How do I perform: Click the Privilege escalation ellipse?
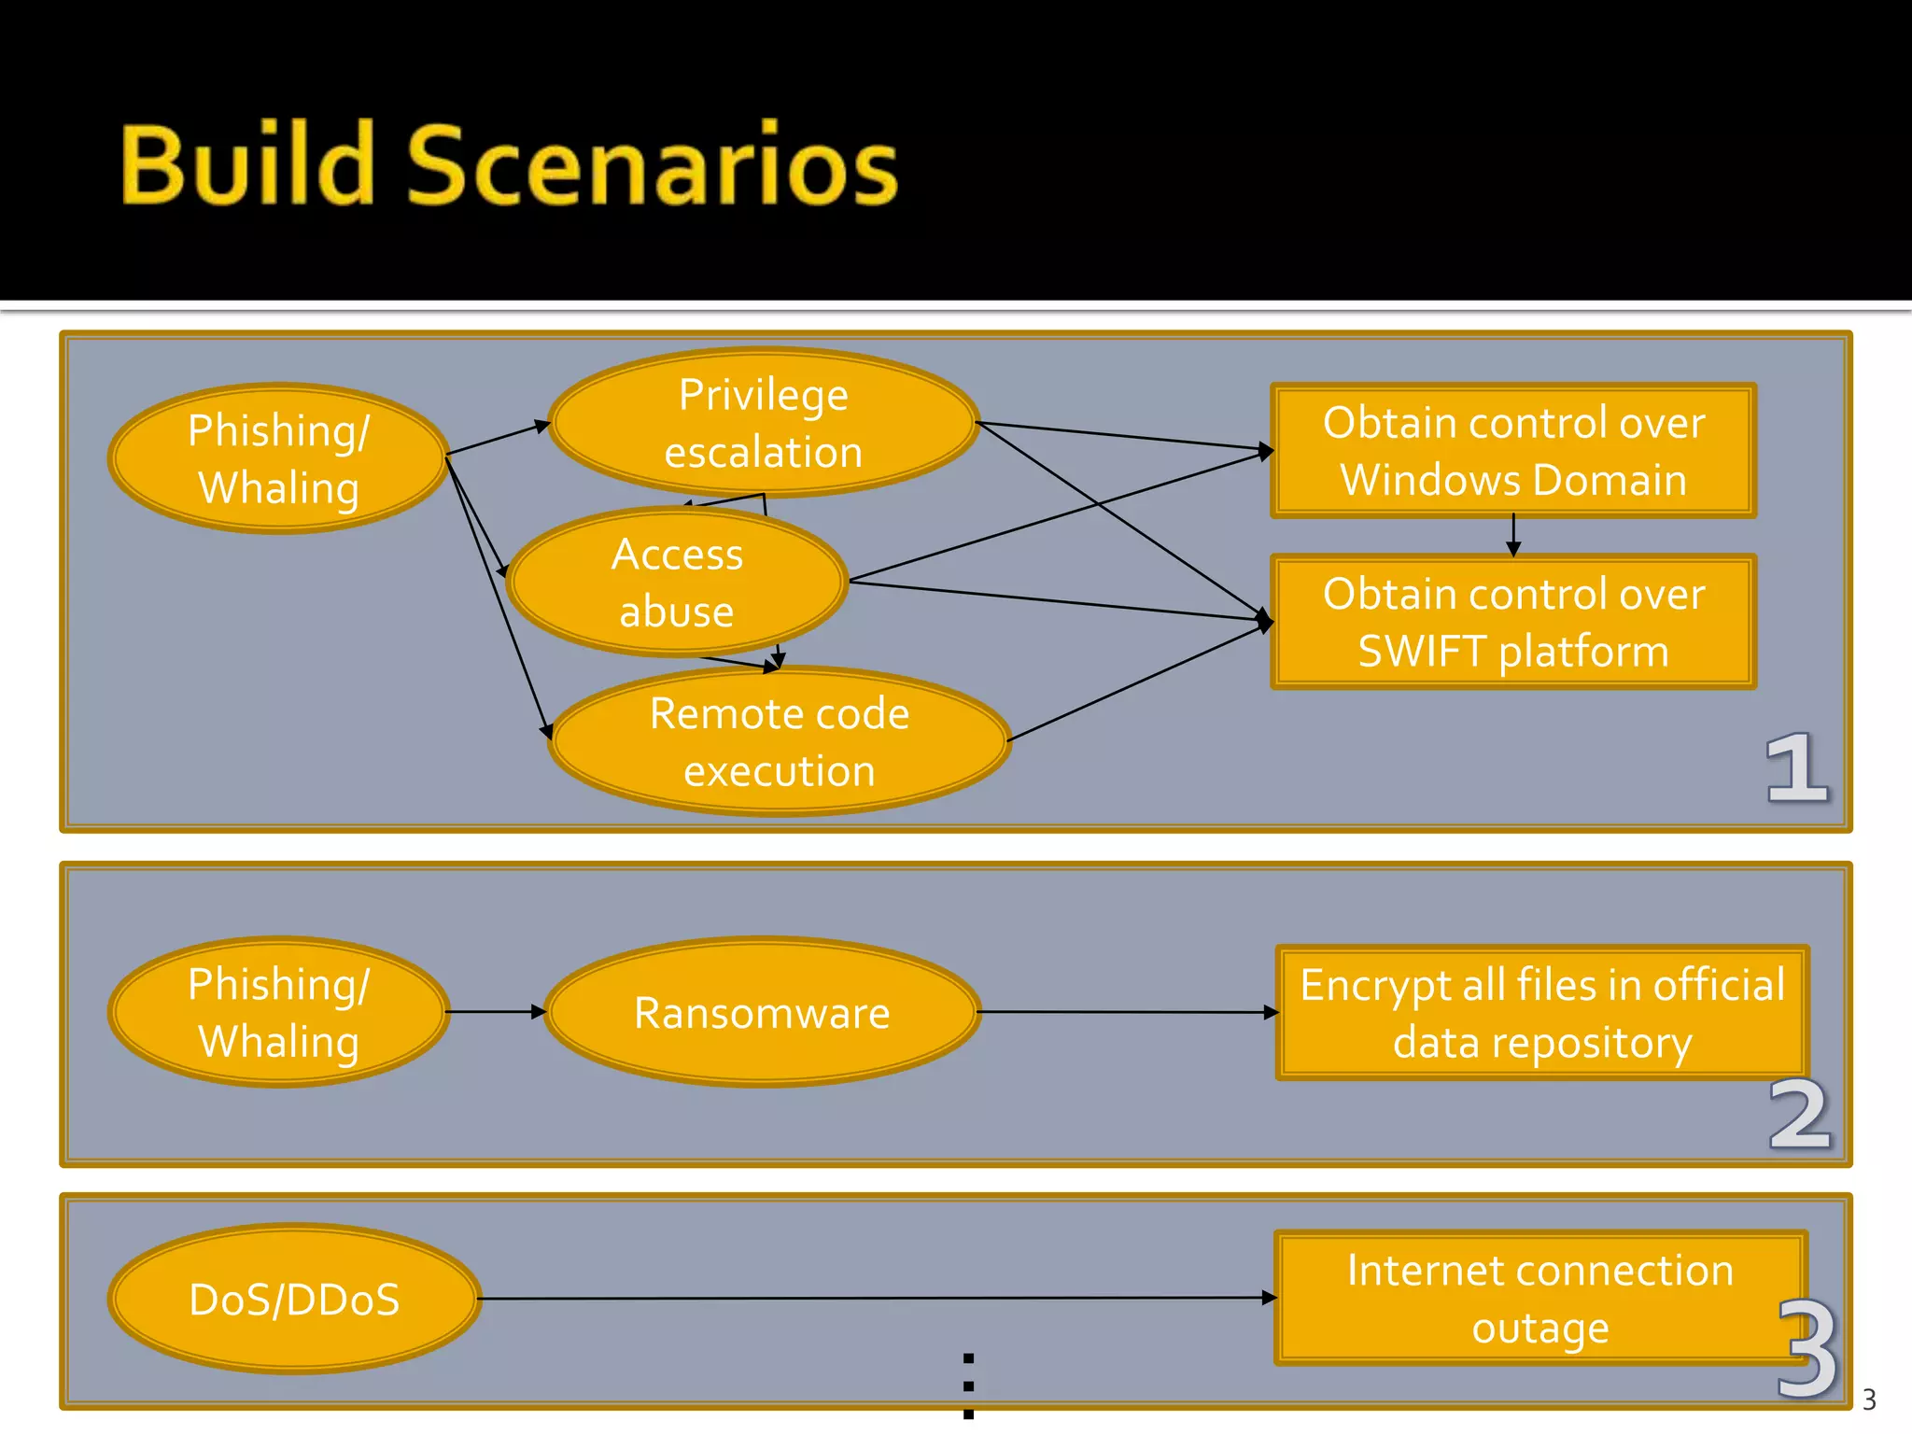763,423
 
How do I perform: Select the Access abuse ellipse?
677,583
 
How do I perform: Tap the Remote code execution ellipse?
779,742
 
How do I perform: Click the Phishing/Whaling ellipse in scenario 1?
278,458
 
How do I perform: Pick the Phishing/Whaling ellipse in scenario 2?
278,1012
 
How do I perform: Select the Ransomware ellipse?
762,1012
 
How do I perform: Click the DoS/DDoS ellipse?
294,1299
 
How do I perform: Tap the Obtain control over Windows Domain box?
1512,451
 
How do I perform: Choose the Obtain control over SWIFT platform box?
1512,622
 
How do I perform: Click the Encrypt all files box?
1540,1013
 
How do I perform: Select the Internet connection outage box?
1539,1299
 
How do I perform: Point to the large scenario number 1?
1796,767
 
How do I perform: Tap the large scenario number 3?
1807,1348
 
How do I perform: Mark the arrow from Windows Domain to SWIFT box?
1513,535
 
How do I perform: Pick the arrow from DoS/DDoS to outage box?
878,1298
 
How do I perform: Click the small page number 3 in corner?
1868,1399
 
